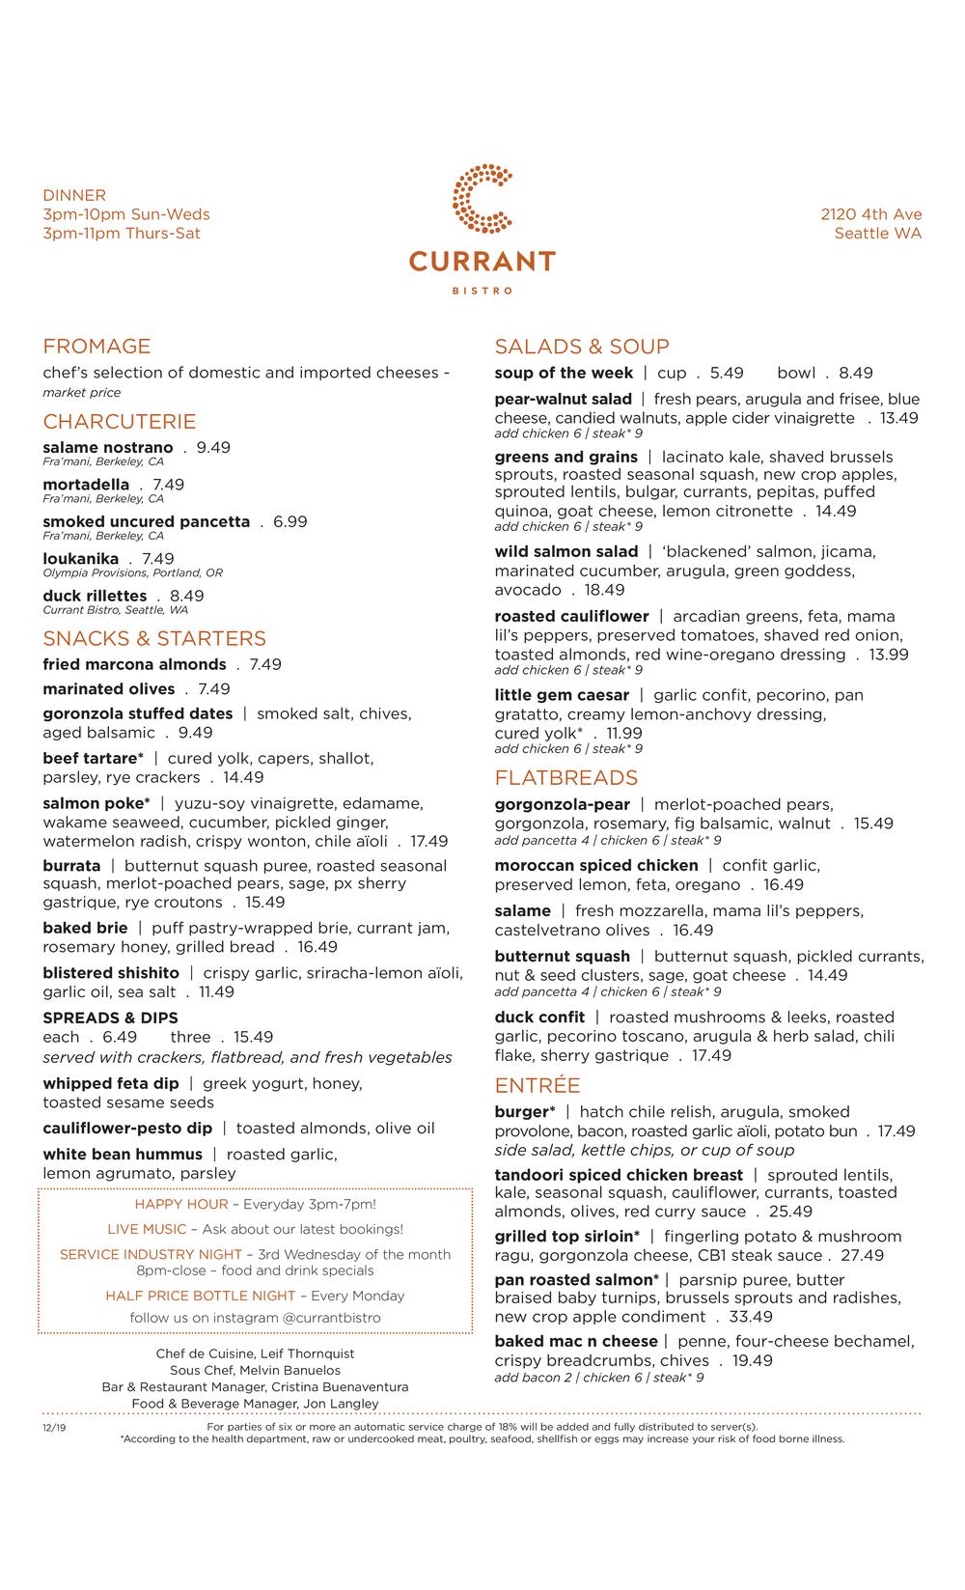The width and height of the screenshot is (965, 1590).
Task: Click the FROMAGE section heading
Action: pos(96,347)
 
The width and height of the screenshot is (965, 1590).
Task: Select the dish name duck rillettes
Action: pos(95,596)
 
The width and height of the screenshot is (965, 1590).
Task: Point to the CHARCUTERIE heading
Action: pos(119,422)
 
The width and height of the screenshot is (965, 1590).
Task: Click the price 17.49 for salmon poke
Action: pos(429,842)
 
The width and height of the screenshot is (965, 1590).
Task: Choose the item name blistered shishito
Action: pos(111,973)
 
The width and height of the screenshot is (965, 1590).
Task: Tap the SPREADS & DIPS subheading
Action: pos(110,1018)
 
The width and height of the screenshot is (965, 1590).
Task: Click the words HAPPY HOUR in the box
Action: pos(181,1205)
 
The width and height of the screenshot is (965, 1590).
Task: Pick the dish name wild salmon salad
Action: pos(566,552)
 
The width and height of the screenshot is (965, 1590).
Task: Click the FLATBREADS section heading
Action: pos(566,778)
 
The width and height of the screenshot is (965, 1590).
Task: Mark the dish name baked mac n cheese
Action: pos(576,1342)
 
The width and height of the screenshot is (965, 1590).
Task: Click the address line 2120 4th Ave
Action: pos(871,214)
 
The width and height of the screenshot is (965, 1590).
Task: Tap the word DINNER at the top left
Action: pos(74,195)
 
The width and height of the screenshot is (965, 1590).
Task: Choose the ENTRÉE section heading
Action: pos(538,1086)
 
